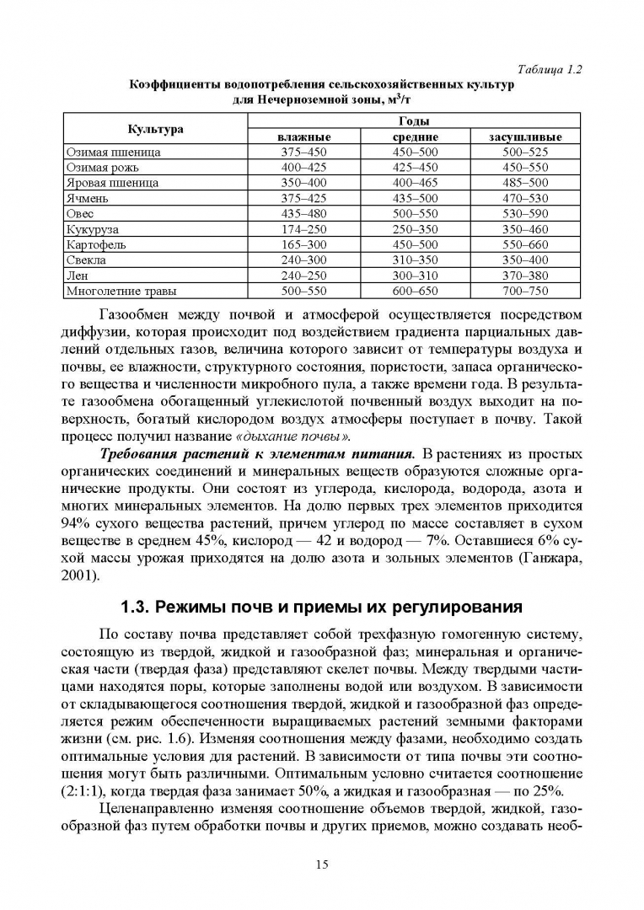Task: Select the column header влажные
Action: pyautogui.click(x=303, y=136)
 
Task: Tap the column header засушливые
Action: pyautogui.click(x=525, y=136)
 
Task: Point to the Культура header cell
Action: pyautogui.click(x=155, y=129)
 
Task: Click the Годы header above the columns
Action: pyautogui.click(x=415, y=121)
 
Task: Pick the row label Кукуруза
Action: pyautogui.click(x=93, y=228)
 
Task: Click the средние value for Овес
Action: pyautogui.click(x=416, y=214)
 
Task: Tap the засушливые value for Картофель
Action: pyautogui.click(x=525, y=244)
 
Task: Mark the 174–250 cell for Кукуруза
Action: pyautogui.click(x=303, y=229)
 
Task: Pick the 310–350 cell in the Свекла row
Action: pyautogui.click(x=416, y=260)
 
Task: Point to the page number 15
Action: pyautogui.click(x=322, y=864)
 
